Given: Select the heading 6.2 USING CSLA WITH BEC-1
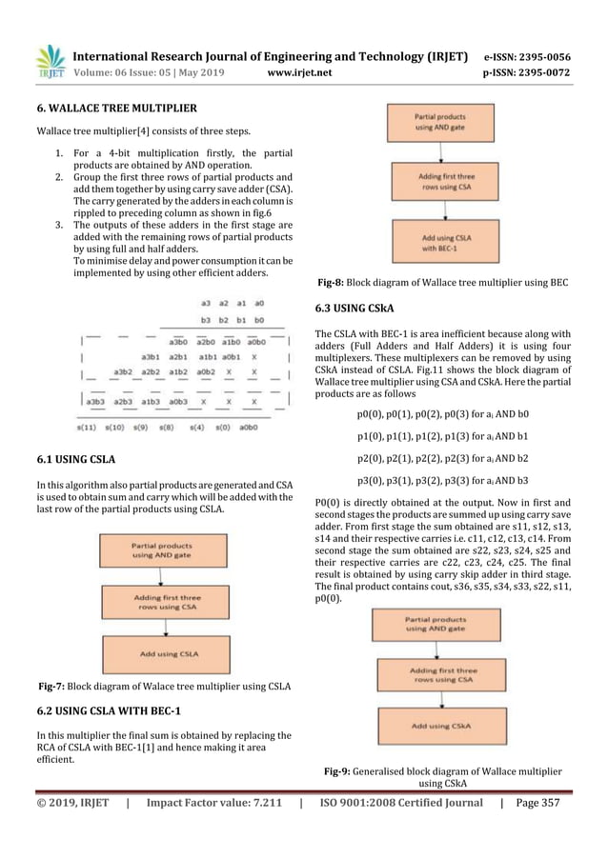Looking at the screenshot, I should (x=108, y=711).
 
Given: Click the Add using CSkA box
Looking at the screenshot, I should (x=446, y=726).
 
